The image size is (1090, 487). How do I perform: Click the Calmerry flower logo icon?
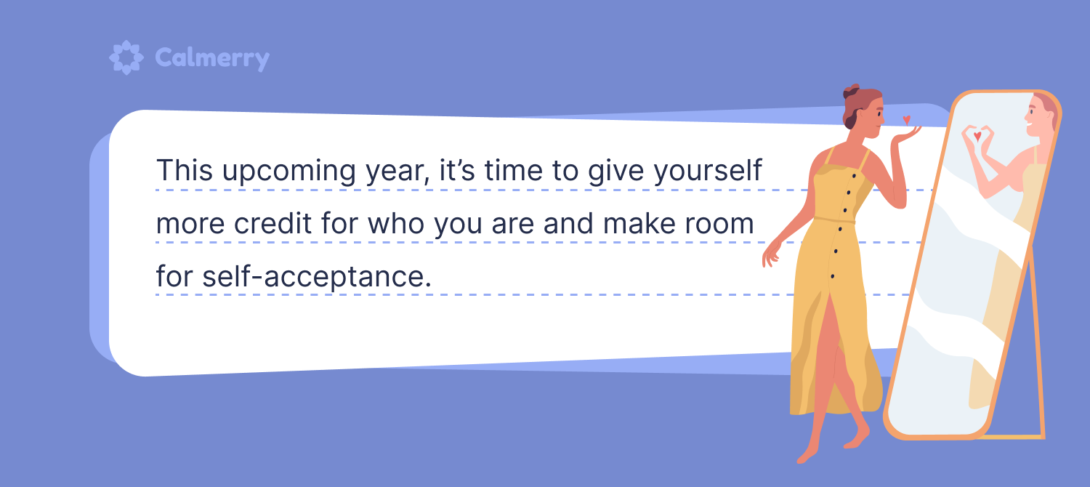[126, 57]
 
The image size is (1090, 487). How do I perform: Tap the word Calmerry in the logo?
[212, 58]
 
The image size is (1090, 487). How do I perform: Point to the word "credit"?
[272, 223]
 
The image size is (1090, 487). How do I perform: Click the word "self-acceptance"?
[316, 276]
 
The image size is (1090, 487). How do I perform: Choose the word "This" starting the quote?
[185, 170]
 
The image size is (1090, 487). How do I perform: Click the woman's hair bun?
[851, 92]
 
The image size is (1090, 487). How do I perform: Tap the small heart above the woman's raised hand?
[907, 120]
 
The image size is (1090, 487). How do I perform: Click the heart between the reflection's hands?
[977, 136]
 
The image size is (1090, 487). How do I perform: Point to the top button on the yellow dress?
[854, 176]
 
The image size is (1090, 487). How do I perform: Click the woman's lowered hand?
[771, 254]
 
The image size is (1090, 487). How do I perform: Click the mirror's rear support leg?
[1037, 341]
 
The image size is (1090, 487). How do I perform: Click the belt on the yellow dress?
[834, 220]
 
